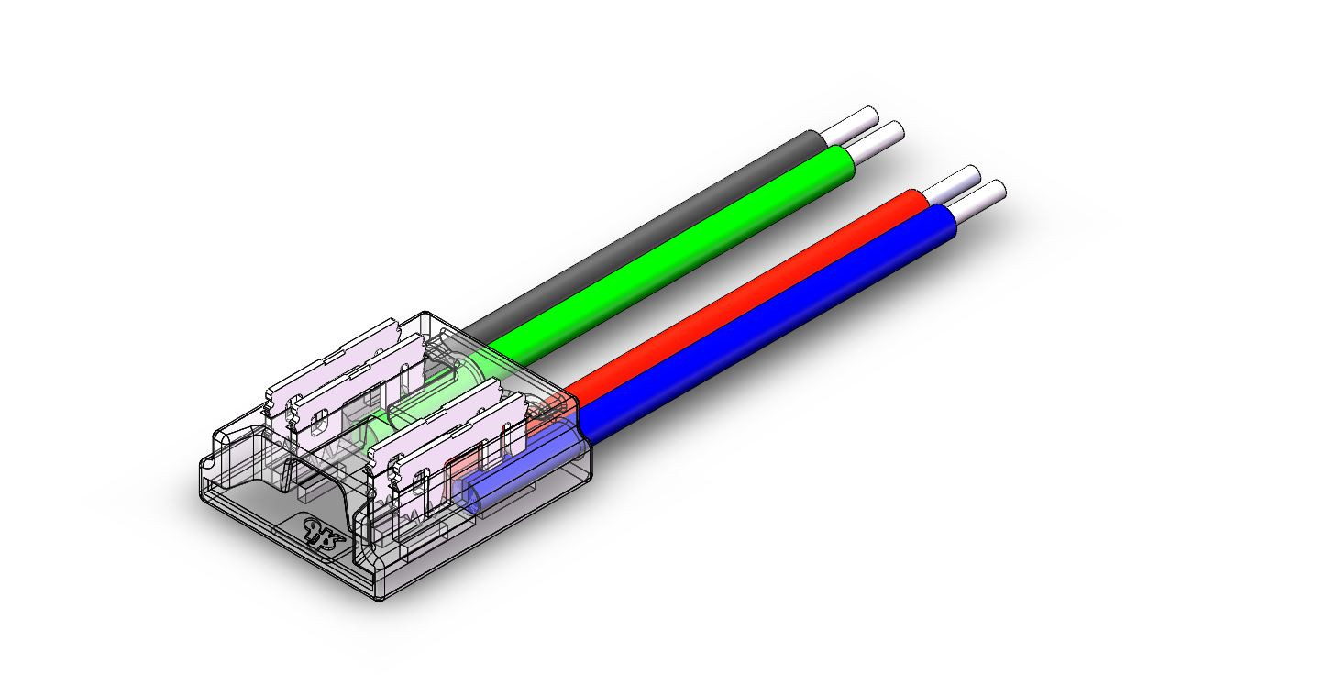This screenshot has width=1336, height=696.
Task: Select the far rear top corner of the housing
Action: [424, 313]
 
